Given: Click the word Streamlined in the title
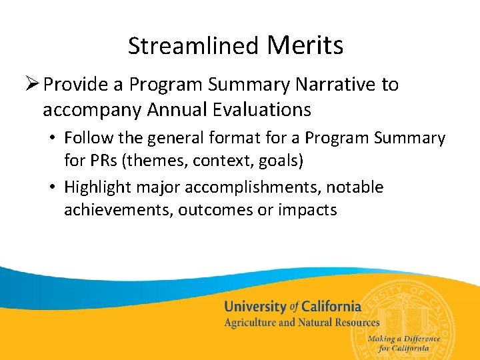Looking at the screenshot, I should click(193, 46).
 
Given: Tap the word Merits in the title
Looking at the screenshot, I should click(305, 45).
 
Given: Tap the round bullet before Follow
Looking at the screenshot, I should click(52, 139).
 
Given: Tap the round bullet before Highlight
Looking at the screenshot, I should click(52, 188).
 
